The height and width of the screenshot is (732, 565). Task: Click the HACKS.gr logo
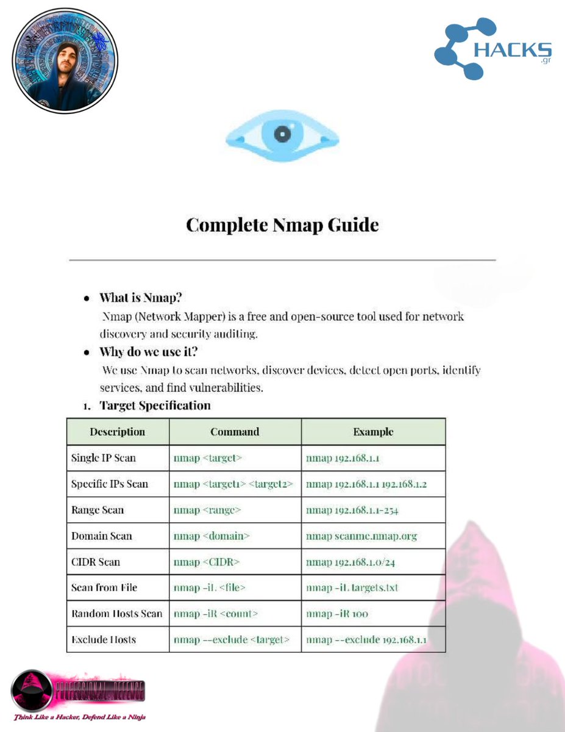point(493,49)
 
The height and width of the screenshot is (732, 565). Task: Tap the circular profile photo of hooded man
point(65,60)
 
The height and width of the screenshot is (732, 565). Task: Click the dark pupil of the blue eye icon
point(282,134)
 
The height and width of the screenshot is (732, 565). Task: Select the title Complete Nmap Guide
point(282,224)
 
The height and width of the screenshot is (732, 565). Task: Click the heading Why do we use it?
point(149,352)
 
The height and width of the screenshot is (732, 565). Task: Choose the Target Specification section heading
point(155,406)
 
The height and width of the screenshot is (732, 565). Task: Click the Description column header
point(118,432)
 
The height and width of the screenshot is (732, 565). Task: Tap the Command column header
point(235,432)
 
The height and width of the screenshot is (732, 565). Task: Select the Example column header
point(373,432)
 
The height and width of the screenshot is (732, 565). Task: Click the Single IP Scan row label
point(104,458)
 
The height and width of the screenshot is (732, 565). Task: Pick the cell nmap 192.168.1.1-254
point(352,510)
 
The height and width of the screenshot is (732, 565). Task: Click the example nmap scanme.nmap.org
point(361,536)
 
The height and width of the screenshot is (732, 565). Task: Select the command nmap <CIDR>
point(207,562)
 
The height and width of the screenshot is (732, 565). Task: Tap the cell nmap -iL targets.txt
point(352,588)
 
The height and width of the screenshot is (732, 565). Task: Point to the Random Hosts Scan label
point(117,614)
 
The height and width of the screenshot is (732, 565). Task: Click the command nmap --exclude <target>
point(232,640)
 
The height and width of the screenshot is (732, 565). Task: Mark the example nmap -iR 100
point(337,614)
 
